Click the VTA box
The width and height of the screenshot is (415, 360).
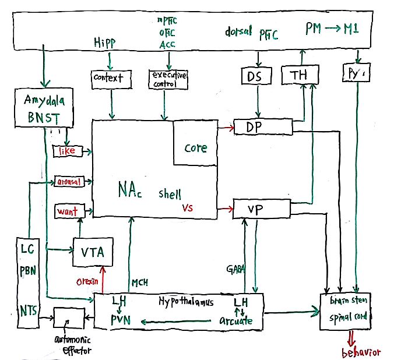point(92,253)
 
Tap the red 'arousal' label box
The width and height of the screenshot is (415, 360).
point(69,182)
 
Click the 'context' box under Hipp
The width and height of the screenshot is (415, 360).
point(109,78)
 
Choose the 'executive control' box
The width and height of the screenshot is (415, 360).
point(168,79)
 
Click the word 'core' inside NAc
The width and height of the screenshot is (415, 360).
point(196,148)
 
